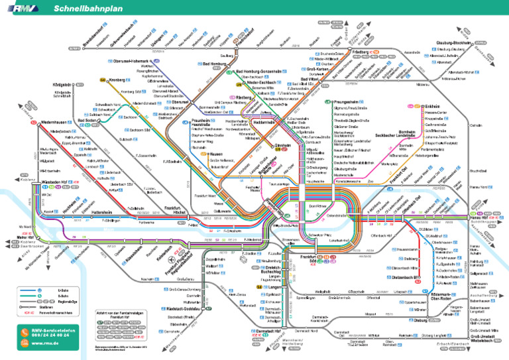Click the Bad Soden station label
(x=87, y=121)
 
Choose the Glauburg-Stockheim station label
(x=453, y=42)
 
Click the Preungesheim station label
(x=349, y=101)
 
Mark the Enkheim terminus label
(x=432, y=106)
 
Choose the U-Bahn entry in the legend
(x=62, y=290)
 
